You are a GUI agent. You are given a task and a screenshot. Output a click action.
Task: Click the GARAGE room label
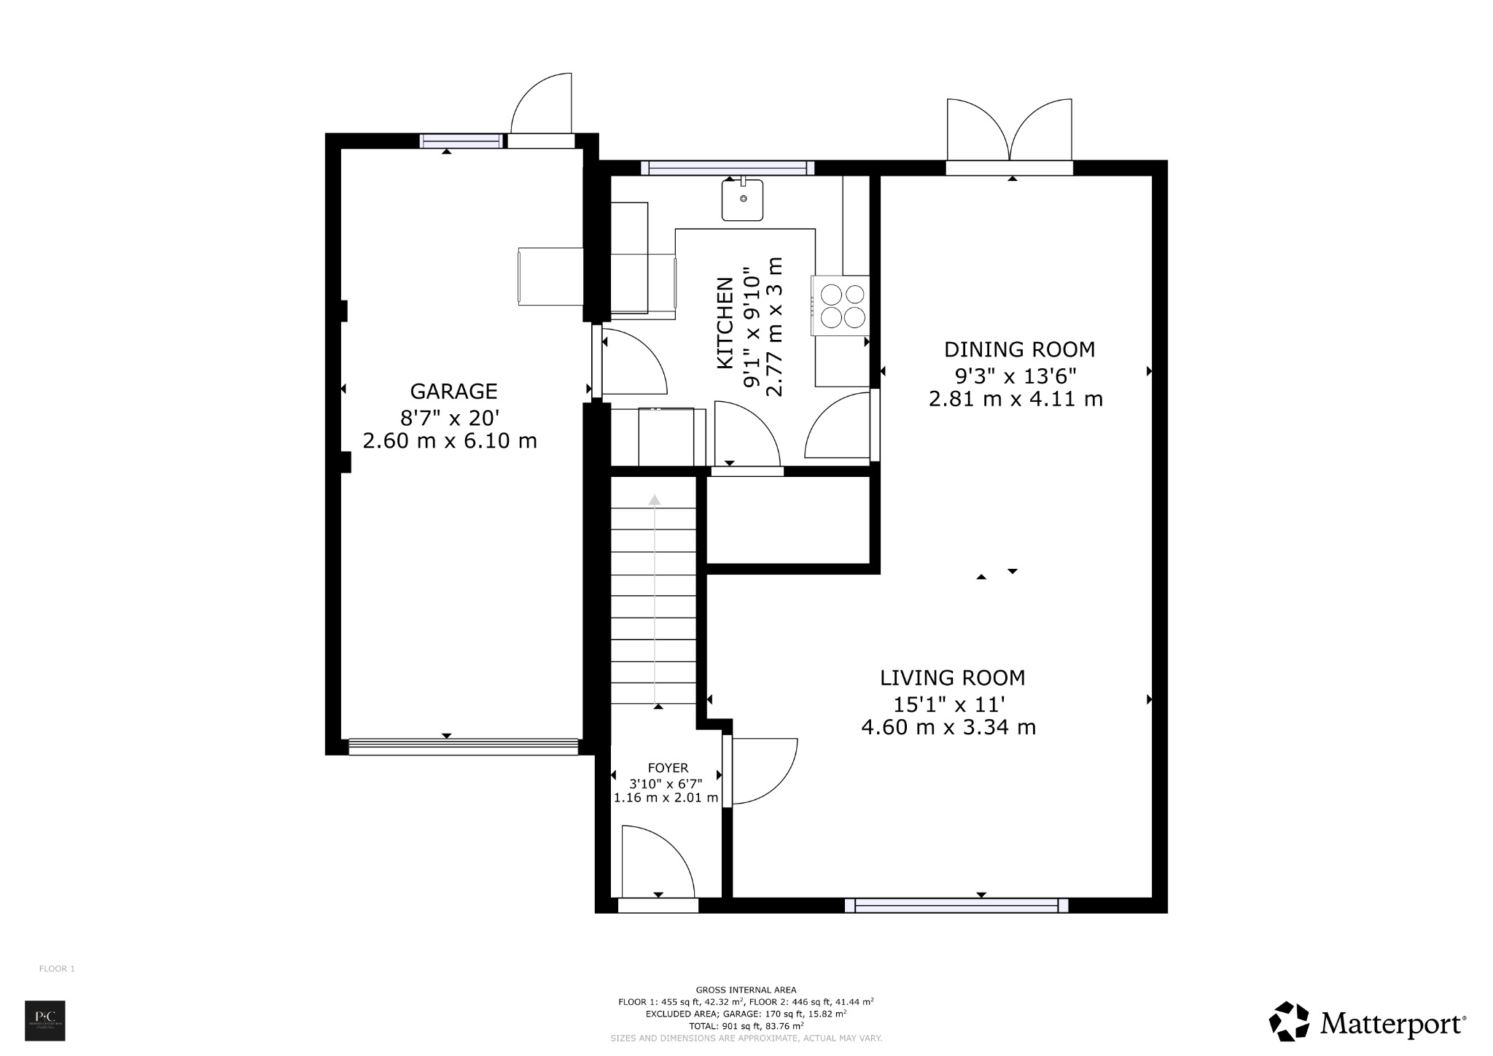point(453,392)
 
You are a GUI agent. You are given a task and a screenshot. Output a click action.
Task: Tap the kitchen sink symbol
point(742,200)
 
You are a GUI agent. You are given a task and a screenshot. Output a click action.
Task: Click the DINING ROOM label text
point(1019,350)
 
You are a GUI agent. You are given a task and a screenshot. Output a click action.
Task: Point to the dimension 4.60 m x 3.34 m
point(948,728)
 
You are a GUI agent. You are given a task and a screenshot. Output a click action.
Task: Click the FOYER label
point(668,768)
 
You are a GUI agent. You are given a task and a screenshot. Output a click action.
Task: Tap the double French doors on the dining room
point(1010,131)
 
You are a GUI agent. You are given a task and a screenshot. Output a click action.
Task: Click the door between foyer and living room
point(762,771)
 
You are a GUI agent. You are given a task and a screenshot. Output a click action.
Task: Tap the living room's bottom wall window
point(956,906)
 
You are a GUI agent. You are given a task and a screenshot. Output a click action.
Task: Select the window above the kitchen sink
point(728,168)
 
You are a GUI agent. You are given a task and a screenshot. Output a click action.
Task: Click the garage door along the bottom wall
point(463,747)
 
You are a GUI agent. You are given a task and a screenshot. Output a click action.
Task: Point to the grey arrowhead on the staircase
point(655,500)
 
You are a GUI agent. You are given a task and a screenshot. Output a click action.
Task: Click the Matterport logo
point(1367,1024)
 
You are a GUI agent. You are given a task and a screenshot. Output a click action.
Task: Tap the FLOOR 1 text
point(57,969)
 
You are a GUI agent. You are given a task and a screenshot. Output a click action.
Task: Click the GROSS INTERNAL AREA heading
point(746,990)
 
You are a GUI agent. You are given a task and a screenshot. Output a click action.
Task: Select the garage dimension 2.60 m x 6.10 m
point(450,441)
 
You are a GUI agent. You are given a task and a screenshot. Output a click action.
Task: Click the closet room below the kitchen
point(789,520)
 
